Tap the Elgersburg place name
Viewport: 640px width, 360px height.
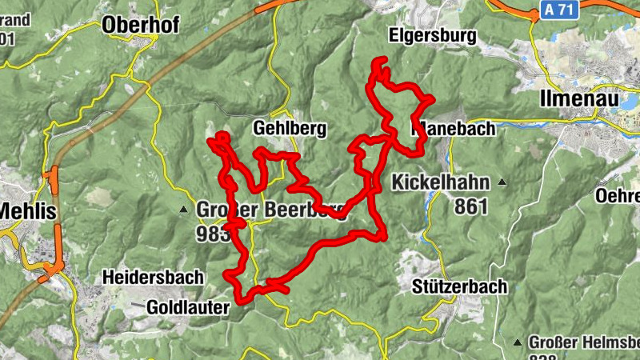(x=432, y=35)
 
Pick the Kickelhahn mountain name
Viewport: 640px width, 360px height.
(x=440, y=182)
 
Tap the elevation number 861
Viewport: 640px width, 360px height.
(x=471, y=206)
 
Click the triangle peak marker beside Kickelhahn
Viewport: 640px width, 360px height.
(x=502, y=182)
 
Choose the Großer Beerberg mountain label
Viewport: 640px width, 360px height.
(x=271, y=210)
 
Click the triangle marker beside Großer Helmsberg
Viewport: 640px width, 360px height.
(x=518, y=342)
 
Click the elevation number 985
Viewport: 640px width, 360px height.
(x=211, y=233)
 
